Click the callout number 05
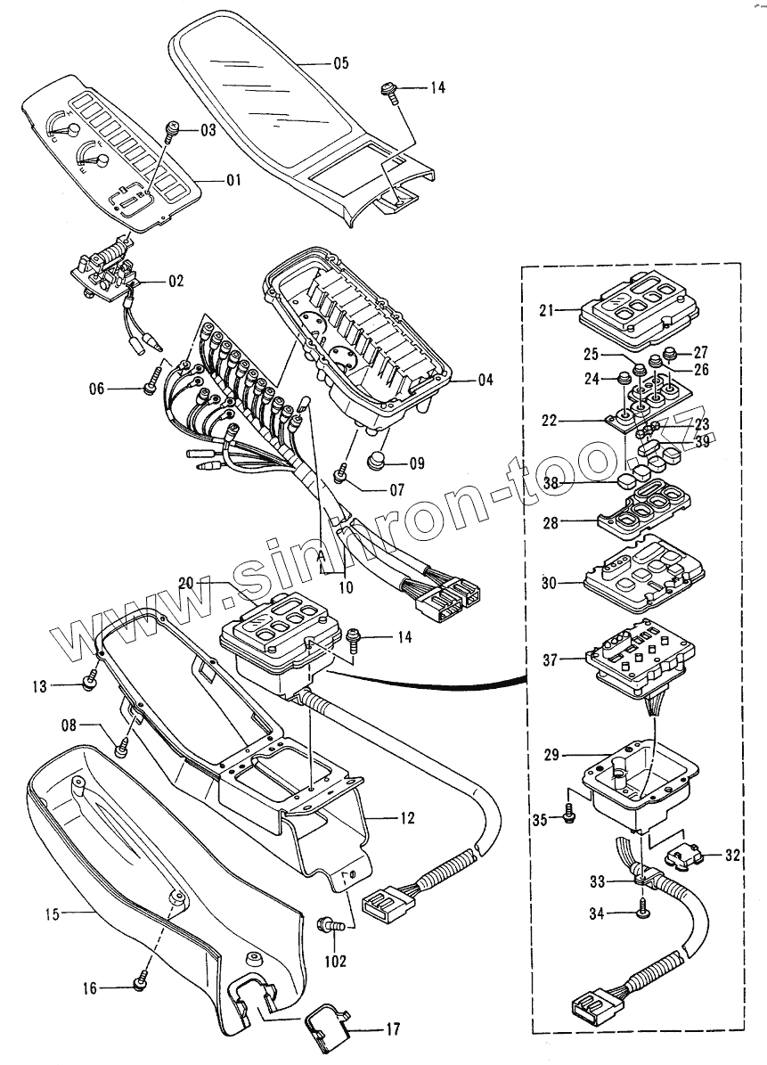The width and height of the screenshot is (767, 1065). point(341,63)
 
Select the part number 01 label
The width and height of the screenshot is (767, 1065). point(233,180)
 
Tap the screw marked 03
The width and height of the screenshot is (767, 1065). point(175,129)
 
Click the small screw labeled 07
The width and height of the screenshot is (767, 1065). point(339,476)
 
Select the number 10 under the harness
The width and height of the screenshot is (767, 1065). point(345,588)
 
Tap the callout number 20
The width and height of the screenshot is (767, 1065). point(186,583)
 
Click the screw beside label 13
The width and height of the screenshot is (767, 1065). point(90,683)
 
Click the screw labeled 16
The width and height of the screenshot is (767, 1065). point(140,984)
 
